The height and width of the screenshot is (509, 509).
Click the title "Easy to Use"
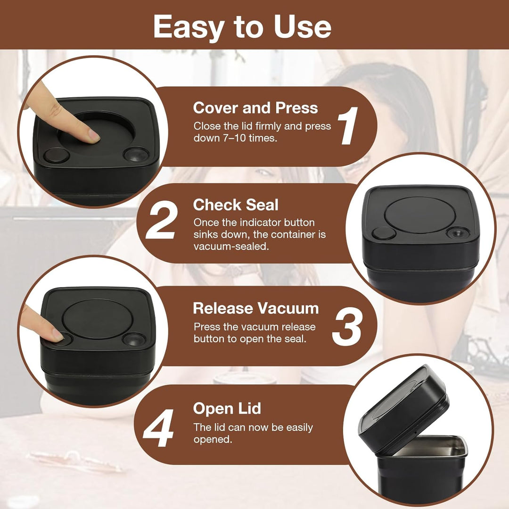[x=242, y=26]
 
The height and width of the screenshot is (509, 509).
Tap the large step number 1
[x=348, y=126]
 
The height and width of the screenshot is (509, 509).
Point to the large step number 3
[x=346, y=326]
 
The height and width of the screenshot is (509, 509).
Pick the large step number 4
[x=158, y=427]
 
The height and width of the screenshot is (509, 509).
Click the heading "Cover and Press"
[x=255, y=108]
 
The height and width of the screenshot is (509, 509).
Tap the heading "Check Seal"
[x=236, y=205]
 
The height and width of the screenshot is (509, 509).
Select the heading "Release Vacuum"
[x=256, y=308]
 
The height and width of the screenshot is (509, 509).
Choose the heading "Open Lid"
[x=227, y=408]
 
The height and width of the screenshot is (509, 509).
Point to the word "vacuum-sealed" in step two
[x=231, y=246]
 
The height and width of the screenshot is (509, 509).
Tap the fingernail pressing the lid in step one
[x=94, y=136]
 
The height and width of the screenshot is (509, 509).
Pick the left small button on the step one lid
[x=57, y=155]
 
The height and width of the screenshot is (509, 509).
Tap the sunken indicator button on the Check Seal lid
[x=458, y=232]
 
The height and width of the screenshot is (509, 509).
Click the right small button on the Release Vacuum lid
[x=134, y=339]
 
